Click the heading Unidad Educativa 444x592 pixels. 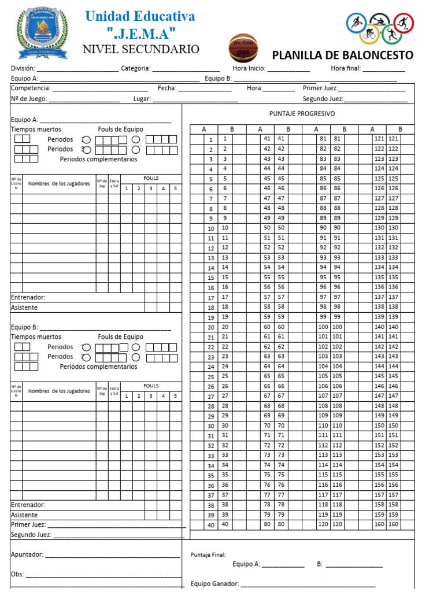(140, 16)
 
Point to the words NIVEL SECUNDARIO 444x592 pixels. (141, 49)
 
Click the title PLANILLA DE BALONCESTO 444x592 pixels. (342, 55)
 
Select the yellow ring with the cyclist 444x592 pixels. (369, 35)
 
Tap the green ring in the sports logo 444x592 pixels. (391, 35)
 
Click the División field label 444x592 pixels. (23, 68)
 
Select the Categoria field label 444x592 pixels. (136, 68)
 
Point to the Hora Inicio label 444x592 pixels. (249, 68)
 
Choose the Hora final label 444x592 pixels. (346, 68)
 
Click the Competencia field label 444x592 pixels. (31, 88)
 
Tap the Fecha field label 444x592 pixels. (167, 88)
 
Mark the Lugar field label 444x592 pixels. (142, 99)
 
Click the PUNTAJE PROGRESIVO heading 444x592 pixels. (302, 114)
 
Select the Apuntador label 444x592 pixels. (27, 554)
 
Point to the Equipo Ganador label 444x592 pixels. (214, 583)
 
